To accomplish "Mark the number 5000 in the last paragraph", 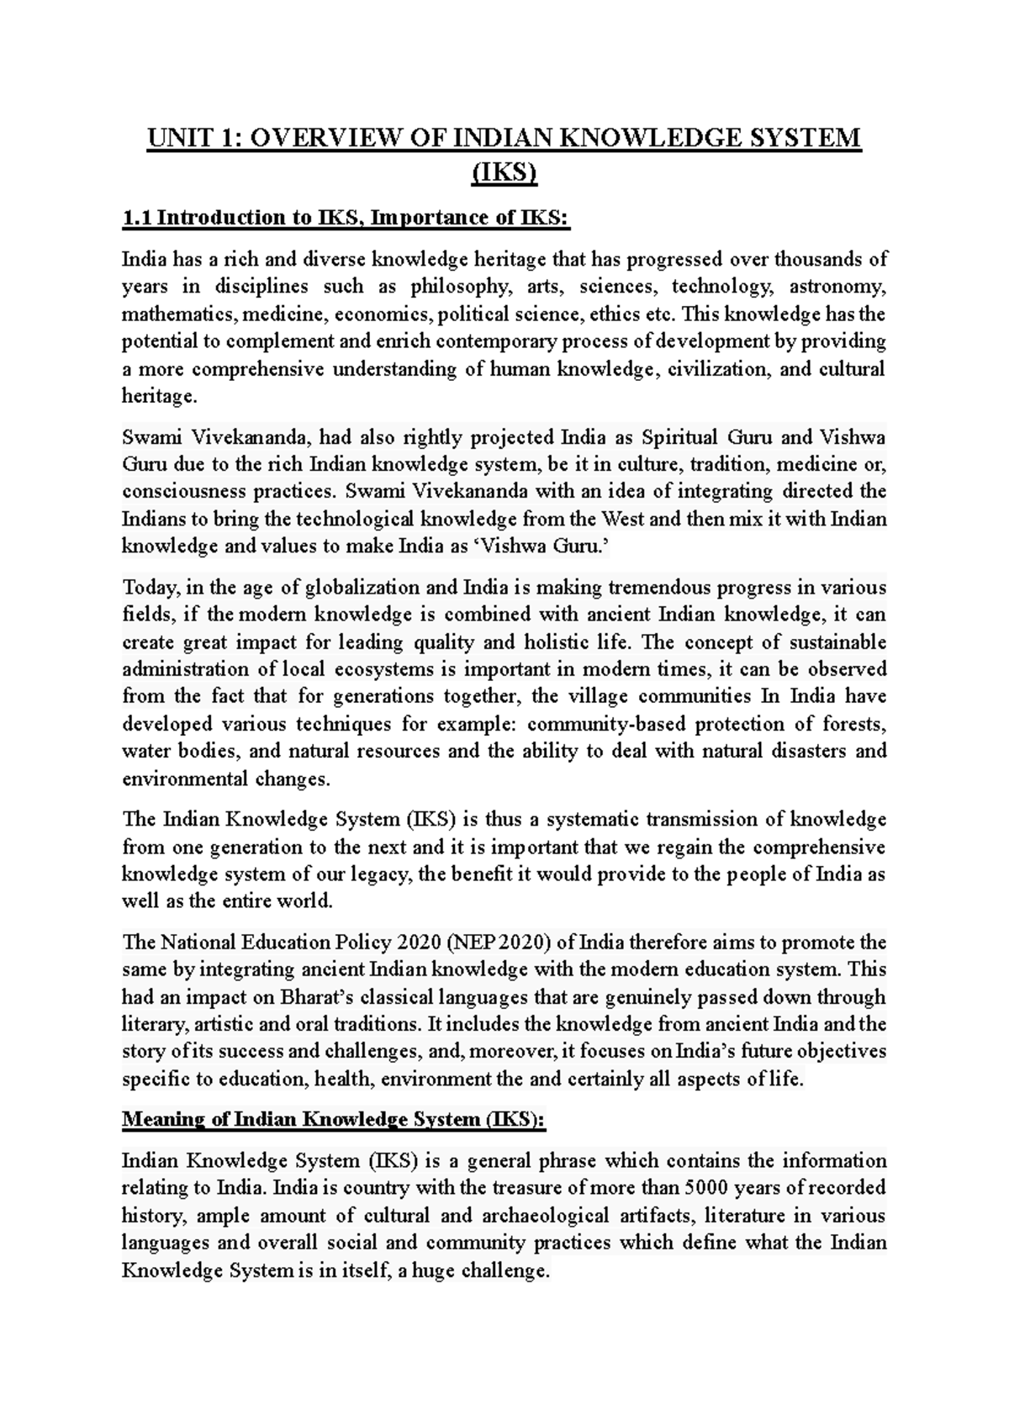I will click(x=711, y=1188).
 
